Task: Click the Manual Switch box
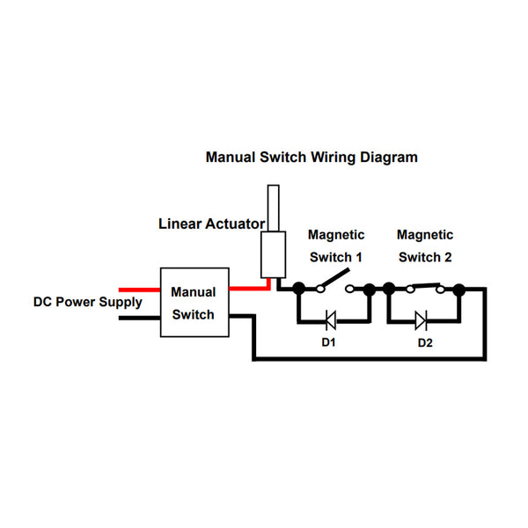(193, 303)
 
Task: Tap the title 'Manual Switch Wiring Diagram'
(312, 158)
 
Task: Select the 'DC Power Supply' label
(87, 302)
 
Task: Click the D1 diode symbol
(331, 319)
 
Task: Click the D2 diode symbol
(421, 319)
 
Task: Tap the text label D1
(328, 341)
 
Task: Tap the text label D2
(425, 341)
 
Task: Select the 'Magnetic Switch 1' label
(335, 246)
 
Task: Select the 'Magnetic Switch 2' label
(425, 246)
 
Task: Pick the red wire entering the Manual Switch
(138, 289)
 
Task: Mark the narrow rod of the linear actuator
(274, 208)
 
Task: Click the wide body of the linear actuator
(274, 254)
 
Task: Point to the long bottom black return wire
(370, 358)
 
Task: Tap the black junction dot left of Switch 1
(299, 288)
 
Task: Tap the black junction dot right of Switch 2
(458, 288)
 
